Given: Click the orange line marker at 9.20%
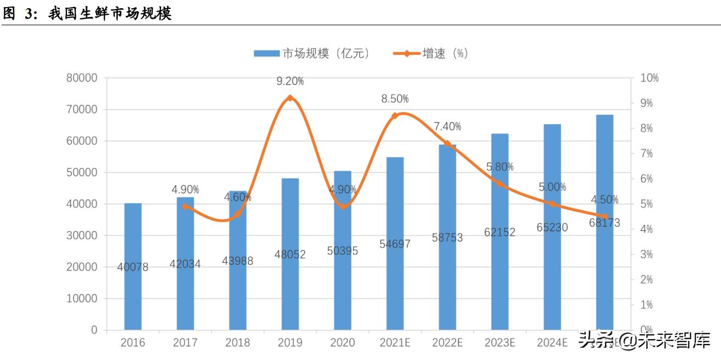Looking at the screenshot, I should tap(290, 98).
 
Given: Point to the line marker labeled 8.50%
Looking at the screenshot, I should tap(395, 116).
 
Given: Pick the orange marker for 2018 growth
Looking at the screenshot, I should tap(238, 214).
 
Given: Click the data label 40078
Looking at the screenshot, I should tap(133, 267).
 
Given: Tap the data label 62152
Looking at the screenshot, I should tap(500, 232).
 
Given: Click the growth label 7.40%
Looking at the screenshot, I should tap(448, 127).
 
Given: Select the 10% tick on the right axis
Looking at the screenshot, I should tap(650, 78).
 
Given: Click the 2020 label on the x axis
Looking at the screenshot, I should tap(342, 343).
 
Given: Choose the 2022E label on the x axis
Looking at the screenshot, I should tap(447, 343).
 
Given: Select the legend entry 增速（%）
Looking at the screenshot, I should tap(432, 53).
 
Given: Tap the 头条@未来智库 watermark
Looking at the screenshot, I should tap(644, 340).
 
